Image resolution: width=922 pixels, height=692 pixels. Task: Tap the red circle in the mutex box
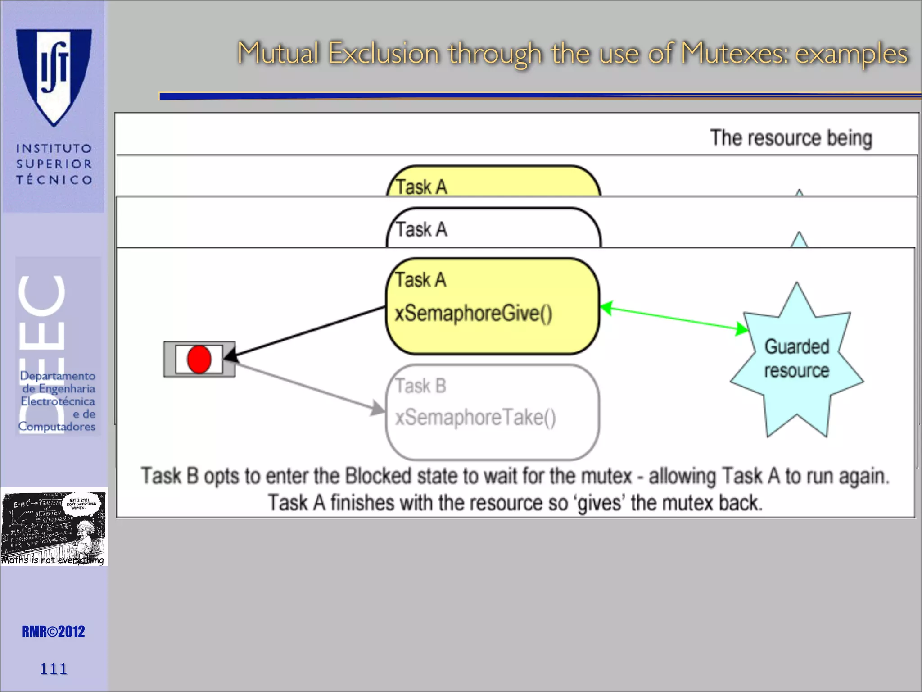click(x=199, y=359)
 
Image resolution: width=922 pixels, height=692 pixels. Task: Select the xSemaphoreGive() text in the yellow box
click(x=473, y=313)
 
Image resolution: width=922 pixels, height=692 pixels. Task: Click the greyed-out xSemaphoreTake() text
click(x=475, y=417)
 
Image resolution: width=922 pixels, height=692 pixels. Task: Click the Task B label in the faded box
click(x=420, y=386)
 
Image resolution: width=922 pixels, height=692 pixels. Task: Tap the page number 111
click(x=53, y=669)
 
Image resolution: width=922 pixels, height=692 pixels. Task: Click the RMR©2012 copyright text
click(x=53, y=632)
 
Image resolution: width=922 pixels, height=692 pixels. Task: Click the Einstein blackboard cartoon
click(x=54, y=527)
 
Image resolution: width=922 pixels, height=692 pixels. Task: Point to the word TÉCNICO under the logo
click(x=54, y=180)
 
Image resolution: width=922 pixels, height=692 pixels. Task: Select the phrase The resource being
click(x=791, y=138)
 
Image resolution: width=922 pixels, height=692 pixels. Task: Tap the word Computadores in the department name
click(x=57, y=426)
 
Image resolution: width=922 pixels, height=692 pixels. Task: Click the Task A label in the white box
click(x=421, y=229)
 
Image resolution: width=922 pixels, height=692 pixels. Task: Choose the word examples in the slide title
click(x=851, y=54)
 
